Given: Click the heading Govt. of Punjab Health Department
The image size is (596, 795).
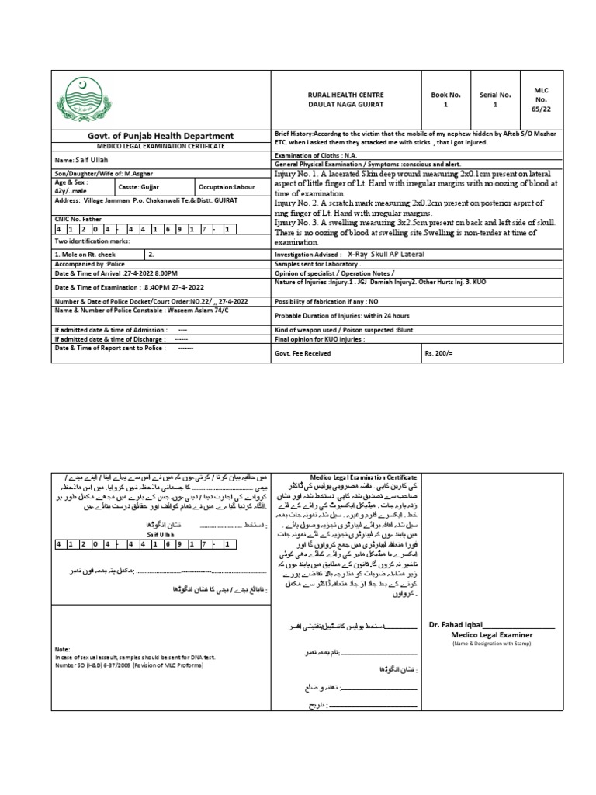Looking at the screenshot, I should pyautogui.click(x=160, y=136).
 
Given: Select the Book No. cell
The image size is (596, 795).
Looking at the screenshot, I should pyautogui.click(x=445, y=99).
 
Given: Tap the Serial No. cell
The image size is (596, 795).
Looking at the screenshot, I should pyautogui.click(x=494, y=99).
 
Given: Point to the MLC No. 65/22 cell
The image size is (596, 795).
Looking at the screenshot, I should pyautogui.click(x=541, y=99).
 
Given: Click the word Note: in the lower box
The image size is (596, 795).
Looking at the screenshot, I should pyautogui.click(x=62, y=648).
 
